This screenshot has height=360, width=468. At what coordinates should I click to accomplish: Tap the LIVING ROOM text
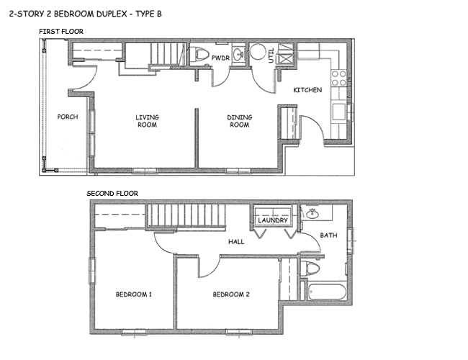147,121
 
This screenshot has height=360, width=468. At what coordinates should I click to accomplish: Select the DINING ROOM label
238,121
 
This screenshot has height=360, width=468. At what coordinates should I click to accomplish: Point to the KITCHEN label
307,90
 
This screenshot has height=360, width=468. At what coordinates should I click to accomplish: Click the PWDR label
220,58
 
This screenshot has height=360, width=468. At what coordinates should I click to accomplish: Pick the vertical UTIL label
271,56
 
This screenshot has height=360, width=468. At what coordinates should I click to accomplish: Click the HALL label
235,242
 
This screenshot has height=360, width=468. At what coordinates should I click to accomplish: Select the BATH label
328,235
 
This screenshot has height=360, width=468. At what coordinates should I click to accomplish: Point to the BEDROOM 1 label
134,294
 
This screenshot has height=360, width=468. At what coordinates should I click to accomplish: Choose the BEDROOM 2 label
231,294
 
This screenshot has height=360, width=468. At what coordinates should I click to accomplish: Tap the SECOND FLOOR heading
112,193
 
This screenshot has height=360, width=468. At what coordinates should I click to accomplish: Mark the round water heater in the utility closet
257,54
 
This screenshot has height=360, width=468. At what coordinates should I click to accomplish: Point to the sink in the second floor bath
314,214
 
